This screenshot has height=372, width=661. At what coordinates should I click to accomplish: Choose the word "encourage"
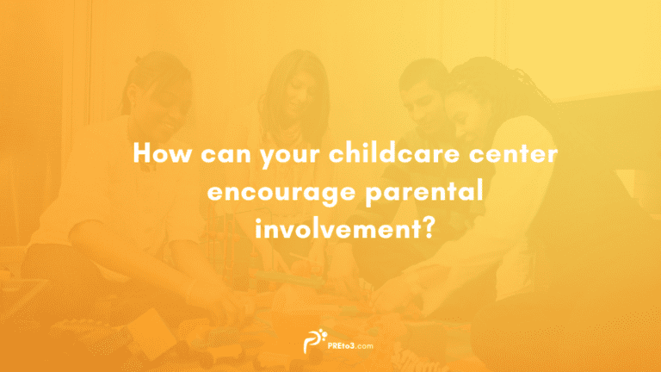(x=270, y=192)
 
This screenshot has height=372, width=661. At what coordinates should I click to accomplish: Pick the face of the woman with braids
(x=468, y=108)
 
